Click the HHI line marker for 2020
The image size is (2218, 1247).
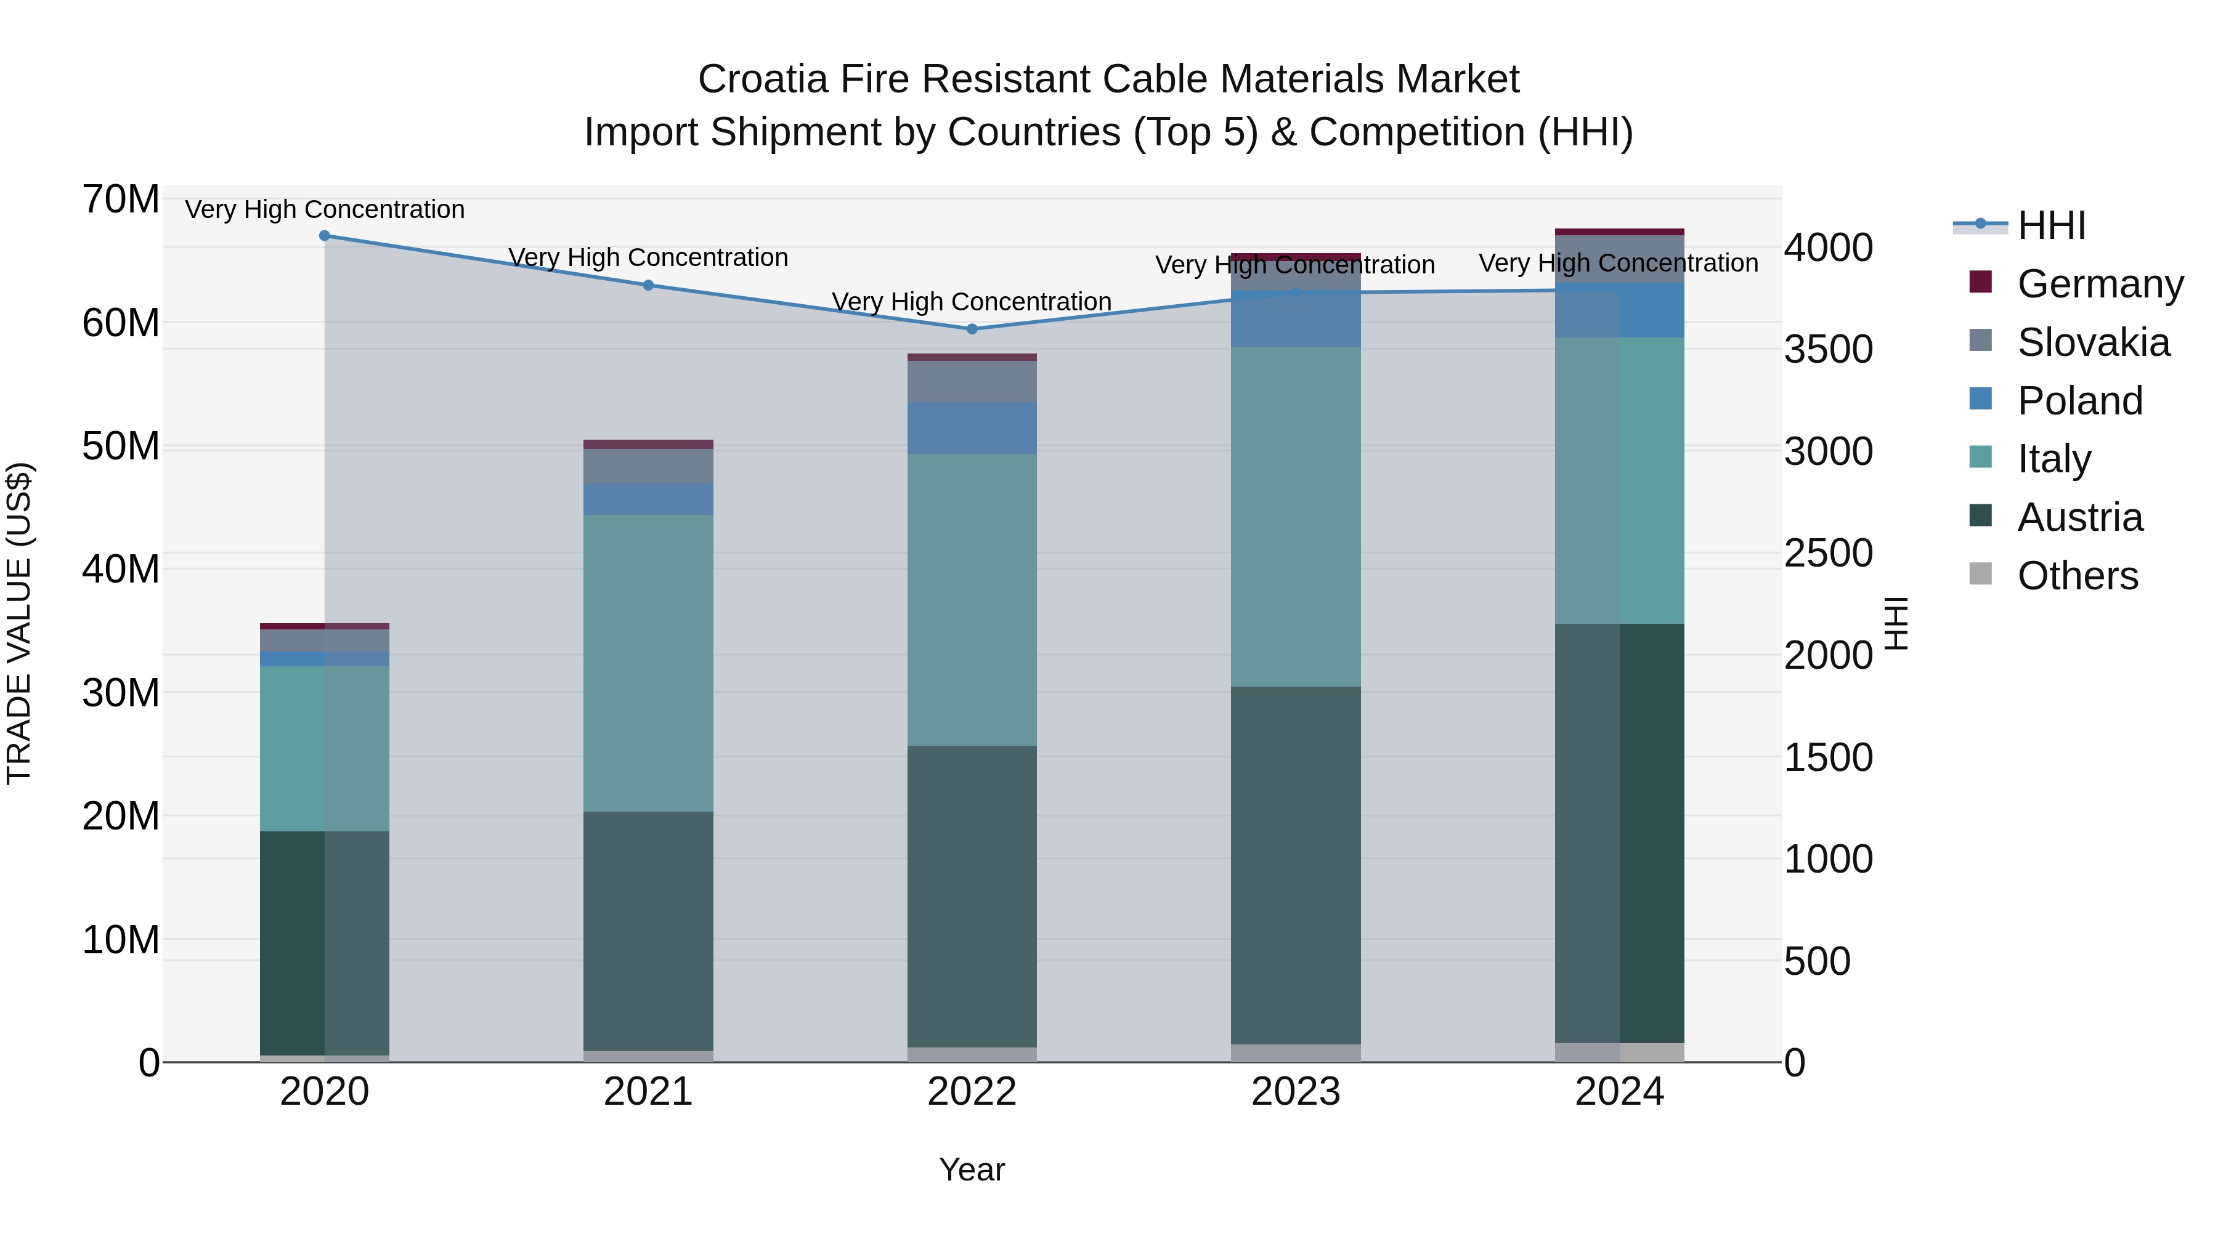(325, 236)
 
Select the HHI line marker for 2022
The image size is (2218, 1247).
(972, 329)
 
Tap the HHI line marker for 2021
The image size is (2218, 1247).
(648, 285)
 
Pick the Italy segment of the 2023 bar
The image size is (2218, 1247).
(1296, 517)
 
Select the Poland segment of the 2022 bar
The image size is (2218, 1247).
(972, 428)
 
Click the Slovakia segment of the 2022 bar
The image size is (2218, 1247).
(972, 381)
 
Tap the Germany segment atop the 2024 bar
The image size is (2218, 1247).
(1620, 232)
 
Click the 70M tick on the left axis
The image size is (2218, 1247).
(121, 200)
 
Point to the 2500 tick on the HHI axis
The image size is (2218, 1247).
(1828, 554)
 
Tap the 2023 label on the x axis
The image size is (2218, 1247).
(1296, 1092)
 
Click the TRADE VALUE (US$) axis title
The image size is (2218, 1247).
(19, 623)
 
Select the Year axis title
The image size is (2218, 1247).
(972, 1169)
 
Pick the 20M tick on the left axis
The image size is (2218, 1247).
(121, 816)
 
